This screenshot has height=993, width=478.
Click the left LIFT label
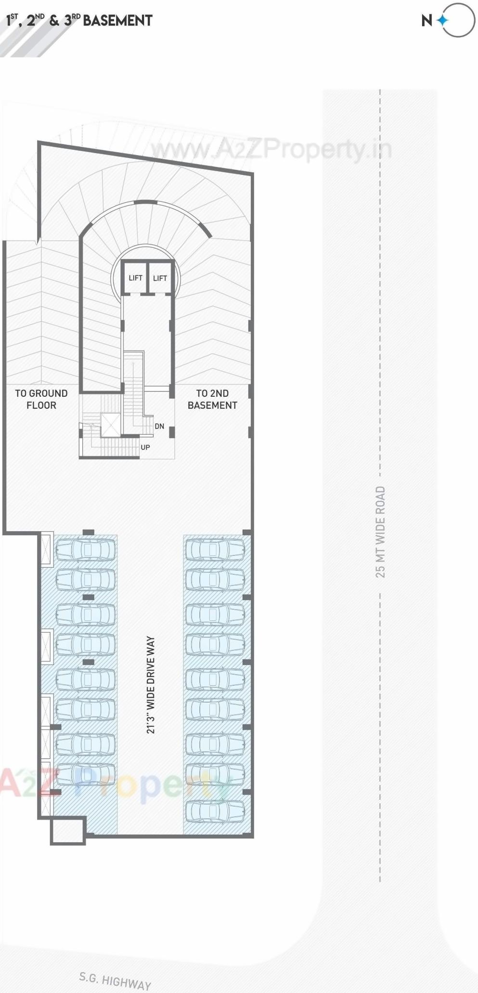pos(135,278)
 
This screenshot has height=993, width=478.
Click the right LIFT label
pos(160,278)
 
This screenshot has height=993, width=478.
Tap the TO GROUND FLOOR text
pos(41,399)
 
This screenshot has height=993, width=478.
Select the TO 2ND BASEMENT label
pos(212,399)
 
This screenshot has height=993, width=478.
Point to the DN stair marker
pos(159,426)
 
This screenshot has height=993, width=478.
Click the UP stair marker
pos(145,447)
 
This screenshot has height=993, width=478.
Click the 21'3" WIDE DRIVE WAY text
pos(151,685)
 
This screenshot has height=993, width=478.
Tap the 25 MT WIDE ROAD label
pos(380,532)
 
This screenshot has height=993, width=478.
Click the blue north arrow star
pos(442,20)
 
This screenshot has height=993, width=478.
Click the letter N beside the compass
pos(426,21)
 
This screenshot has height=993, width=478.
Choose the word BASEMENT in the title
pos(117,21)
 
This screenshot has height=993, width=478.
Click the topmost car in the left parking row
pos(86,549)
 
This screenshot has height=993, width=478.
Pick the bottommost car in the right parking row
pos(215,811)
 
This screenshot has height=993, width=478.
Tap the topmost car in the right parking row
pos(215,549)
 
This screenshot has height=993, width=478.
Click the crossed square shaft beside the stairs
pos(110,424)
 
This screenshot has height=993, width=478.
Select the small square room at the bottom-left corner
pos(68,831)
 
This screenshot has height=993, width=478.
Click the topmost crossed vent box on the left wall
pos(47,549)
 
